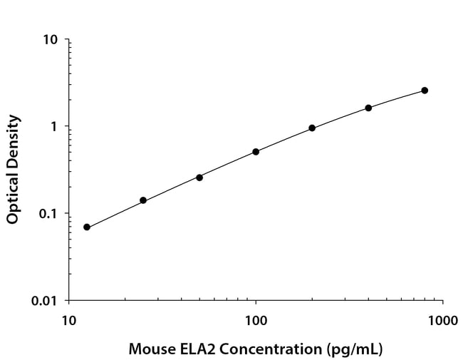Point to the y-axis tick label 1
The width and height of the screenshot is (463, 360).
[53, 126]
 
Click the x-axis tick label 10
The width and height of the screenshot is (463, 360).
[69, 320]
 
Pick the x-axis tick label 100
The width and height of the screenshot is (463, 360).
[256, 320]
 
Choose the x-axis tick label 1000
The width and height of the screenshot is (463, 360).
[442, 320]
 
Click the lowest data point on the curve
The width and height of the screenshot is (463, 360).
[87, 227]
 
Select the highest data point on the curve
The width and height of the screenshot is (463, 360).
[425, 91]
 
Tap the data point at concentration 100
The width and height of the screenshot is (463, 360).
[256, 152]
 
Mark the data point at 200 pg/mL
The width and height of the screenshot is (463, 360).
[312, 128]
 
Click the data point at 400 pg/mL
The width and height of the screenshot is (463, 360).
[368, 108]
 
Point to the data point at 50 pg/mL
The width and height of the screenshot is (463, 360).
[199, 178]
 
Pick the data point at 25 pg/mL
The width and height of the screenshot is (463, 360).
[143, 200]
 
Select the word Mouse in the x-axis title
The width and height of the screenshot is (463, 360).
[152, 349]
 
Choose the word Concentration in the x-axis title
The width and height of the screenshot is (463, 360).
[271, 349]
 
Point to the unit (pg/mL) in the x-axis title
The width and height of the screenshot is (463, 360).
[354, 349]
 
